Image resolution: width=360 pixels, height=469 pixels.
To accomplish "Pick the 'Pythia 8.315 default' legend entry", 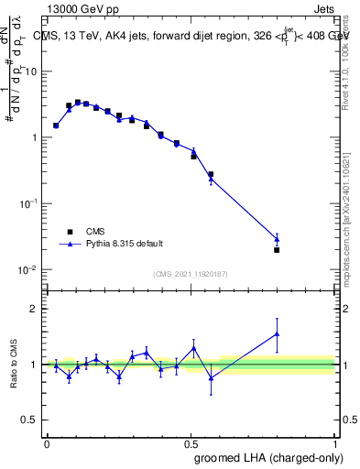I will coord(110,244).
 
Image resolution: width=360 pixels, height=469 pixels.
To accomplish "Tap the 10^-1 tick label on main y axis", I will coord(28,203).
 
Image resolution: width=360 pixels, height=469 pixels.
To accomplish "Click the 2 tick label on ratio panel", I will coord(34,309).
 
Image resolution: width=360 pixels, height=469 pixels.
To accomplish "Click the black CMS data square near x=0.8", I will coord(277,249).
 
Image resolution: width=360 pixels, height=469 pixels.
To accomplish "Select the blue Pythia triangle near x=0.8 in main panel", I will coord(277,239).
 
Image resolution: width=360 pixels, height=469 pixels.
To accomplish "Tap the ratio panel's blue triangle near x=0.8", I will coord(277,334).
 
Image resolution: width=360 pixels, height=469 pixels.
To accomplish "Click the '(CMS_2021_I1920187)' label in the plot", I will coord(190,274).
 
